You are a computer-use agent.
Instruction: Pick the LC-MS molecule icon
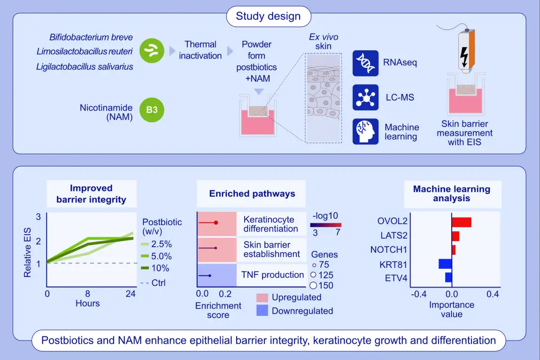click(365, 97)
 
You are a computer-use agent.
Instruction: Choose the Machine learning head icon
click(365, 131)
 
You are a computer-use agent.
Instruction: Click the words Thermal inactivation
click(201, 50)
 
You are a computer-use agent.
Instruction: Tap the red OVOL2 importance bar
click(461, 222)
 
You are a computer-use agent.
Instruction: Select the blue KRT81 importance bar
click(445, 264)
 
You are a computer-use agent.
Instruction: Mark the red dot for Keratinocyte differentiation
click(216, 223)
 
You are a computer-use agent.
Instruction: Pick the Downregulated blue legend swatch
click(262, 311)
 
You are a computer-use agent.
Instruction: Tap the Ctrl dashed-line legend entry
click(153, 282)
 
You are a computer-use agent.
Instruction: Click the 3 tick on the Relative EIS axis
click(39, 217)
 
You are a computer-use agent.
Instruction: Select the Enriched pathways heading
click(252, 193)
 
